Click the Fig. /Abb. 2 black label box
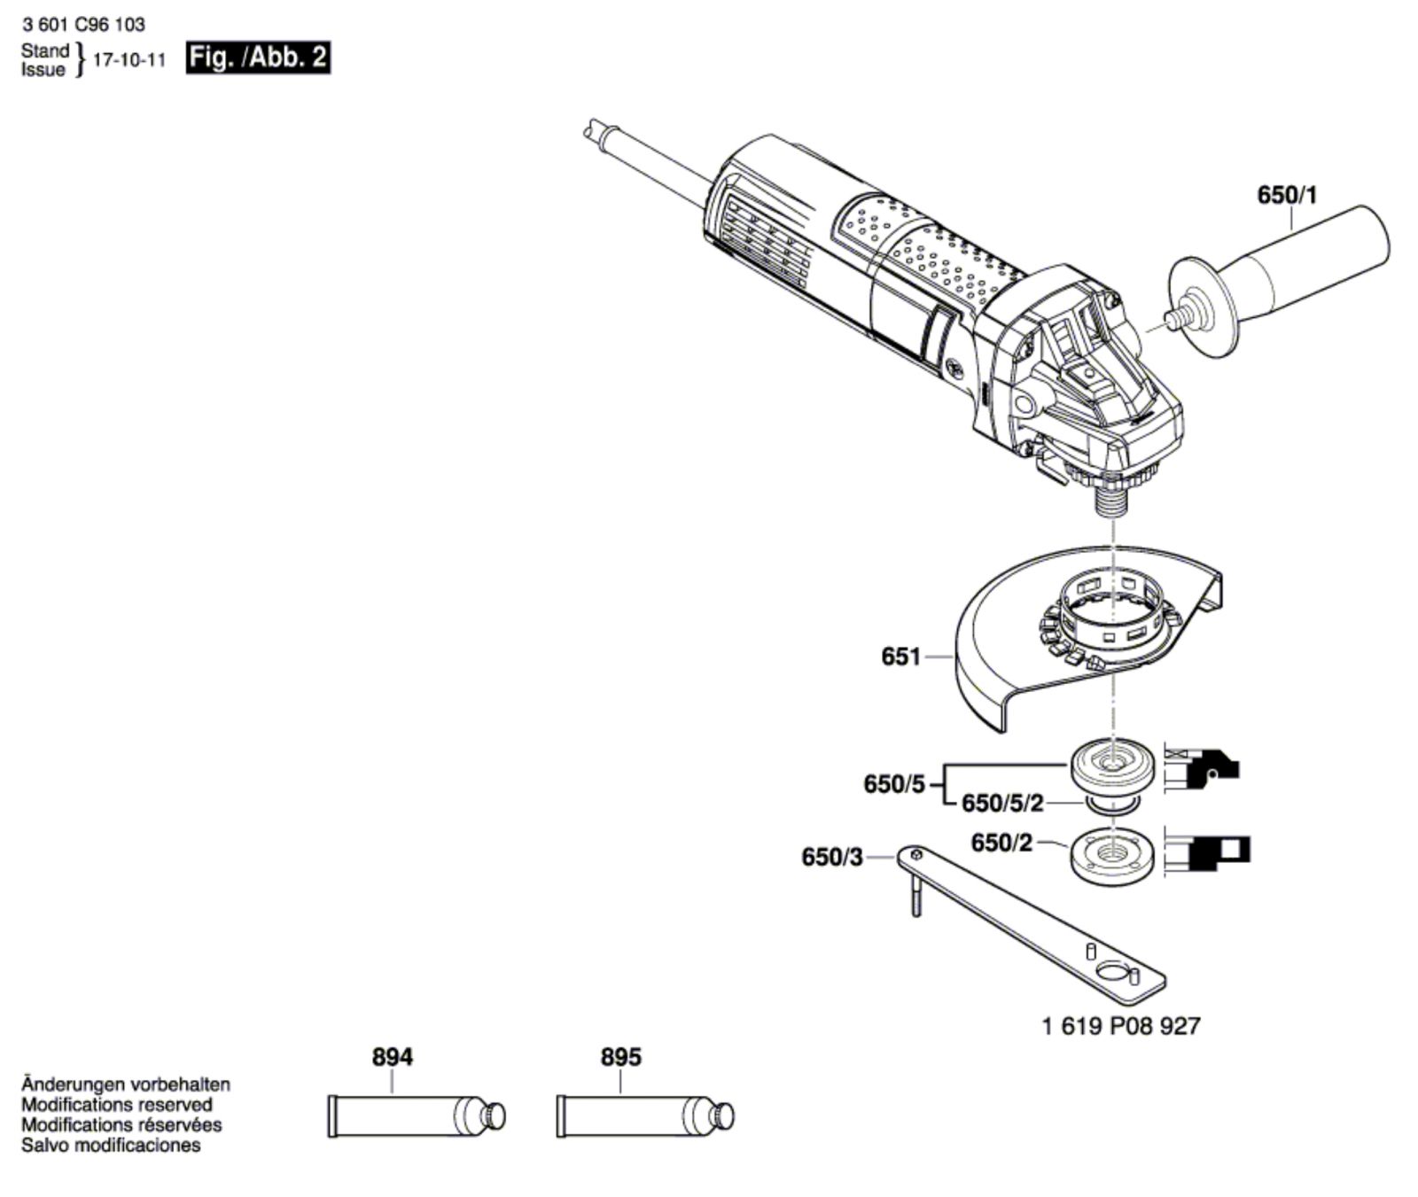[258, 58]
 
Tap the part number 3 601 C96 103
[84, 25]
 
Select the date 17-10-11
[129, 60]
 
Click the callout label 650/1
[1287, 195]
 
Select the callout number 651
[900, 657]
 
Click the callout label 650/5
[893, 784]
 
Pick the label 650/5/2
[1002, 804]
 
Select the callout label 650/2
[1001, 843]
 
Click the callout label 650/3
[831, 858]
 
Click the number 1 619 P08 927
[1121, 1026]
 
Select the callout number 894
[392, 1057]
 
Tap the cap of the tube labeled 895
[724, 1115]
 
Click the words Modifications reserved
[117, 1105]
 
